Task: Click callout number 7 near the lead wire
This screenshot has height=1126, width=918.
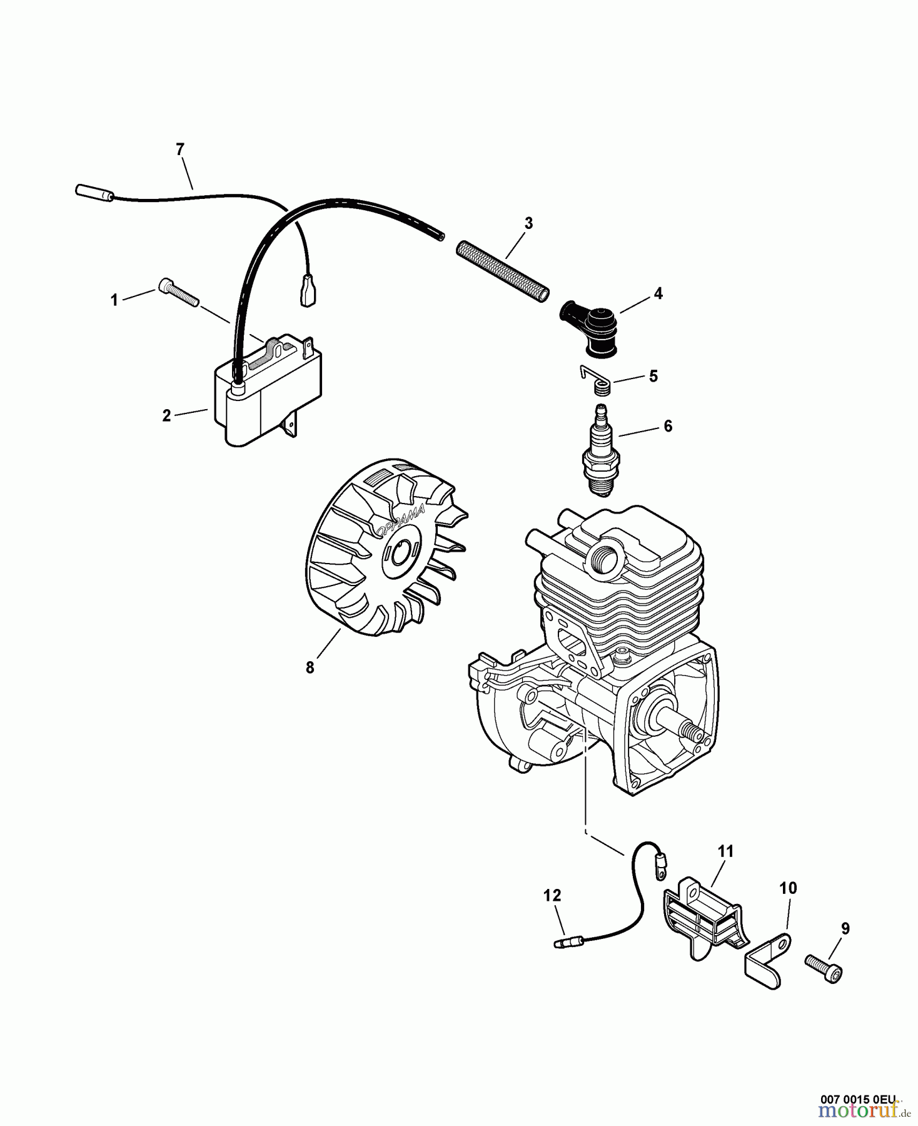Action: tap(180, 149)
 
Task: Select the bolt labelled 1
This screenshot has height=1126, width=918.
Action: tap(179, 292)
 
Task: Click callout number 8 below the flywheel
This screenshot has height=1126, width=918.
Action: tap(310, 667)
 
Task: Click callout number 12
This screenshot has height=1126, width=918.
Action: tap(552, 895)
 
